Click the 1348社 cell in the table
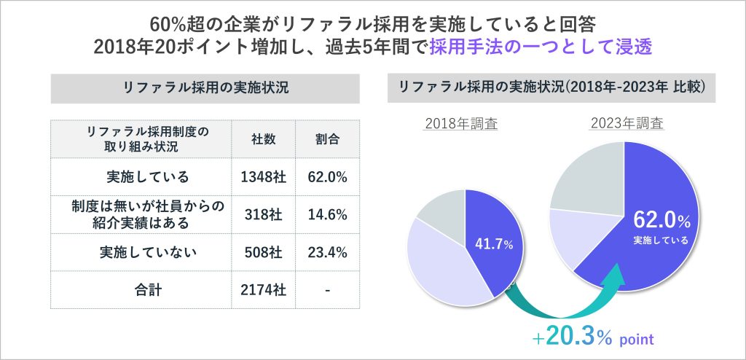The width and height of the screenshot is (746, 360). [x=262, y=176]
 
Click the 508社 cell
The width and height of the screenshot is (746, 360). [x=262, y=252]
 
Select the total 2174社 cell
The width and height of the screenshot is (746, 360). [x=262, y=290]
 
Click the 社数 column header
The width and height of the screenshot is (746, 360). [x=262, y=138]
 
